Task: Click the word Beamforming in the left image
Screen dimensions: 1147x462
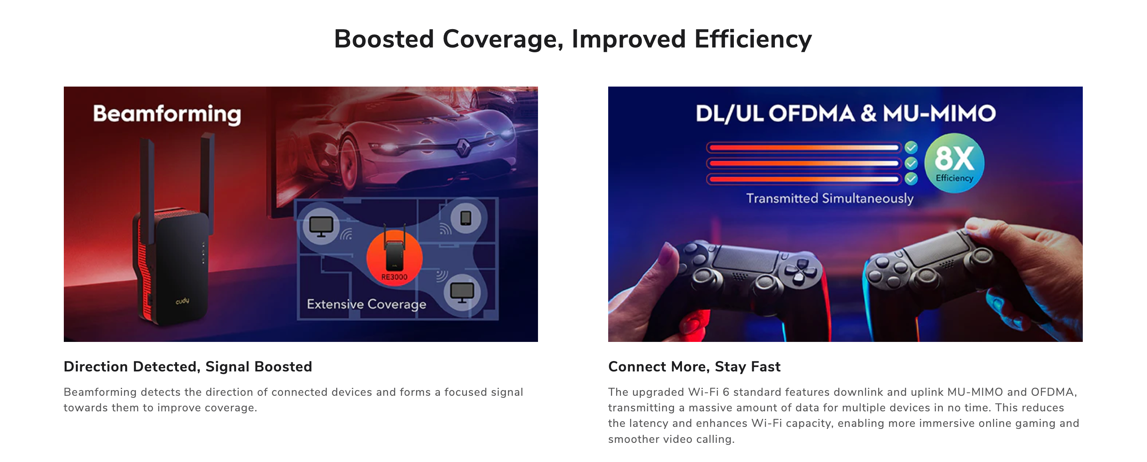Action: (167, 114)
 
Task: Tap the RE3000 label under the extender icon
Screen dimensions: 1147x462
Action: (394, 277)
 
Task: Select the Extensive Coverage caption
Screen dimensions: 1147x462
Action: (367, 304)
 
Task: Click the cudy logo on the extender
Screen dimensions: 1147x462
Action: (183, 301)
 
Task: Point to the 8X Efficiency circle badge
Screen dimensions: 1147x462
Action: (954, 163)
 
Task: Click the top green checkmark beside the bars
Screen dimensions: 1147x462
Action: (911, 147)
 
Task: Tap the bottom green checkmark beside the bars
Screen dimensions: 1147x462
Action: (911, 179)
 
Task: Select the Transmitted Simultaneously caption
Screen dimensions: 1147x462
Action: (830, 198)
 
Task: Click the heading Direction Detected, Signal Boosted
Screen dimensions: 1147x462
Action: (188, 367)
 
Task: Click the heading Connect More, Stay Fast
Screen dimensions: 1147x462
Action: (694, 367)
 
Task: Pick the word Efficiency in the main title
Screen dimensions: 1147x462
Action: (753, 39)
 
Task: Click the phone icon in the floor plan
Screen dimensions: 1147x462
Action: (466, 218)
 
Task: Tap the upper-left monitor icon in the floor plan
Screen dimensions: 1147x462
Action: (321, 226)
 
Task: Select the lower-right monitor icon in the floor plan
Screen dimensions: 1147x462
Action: (462, 292)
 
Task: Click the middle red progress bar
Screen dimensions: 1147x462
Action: (804, 163)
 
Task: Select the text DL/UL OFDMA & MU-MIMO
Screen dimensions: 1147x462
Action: (845, 114)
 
